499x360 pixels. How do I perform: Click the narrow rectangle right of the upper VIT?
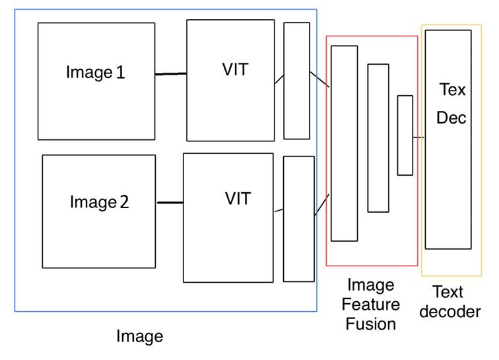coord(296,81)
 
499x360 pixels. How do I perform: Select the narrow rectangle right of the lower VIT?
coord(298,219)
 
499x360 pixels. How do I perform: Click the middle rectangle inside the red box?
coord(378,138)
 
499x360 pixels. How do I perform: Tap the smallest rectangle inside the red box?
coord(405,135)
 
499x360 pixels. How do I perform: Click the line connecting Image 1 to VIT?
coord(170,74)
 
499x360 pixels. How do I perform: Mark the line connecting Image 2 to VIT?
coord(170,202)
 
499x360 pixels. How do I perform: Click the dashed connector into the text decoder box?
coord(418,137)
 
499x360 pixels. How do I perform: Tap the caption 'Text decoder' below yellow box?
coord(450,302)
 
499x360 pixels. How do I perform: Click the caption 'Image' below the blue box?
coord(139,336)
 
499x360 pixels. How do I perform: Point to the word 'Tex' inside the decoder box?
coord(452,89)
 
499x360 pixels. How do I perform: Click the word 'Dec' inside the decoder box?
coord(451,118)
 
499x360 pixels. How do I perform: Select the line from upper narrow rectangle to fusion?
coord(320,80)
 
